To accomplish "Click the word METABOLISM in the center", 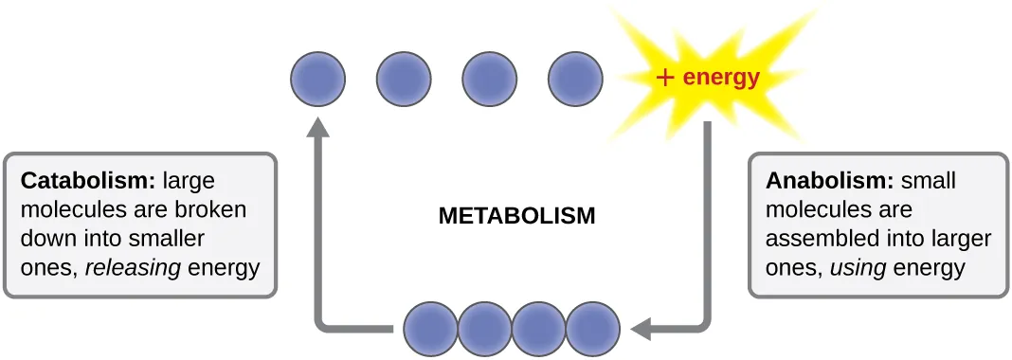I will [x=516, y=215].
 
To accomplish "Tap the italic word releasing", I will [x=133, y=267].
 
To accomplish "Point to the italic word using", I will [x=858, y=267].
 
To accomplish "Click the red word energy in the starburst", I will [x=721, y=78].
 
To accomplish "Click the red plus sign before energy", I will [x=665, y=78].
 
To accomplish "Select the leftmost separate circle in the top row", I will [x=317, y=78].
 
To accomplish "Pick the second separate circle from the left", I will [x=405, y=78].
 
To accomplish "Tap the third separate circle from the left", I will [x=490, y=78].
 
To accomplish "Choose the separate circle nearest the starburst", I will [x=575, y=78].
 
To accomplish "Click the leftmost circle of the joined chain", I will [x=432, y=329].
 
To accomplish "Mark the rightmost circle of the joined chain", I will [x=593, y=329].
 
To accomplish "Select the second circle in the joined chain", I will [x=485, y=329].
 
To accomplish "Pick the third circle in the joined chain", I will [x=539, y=329].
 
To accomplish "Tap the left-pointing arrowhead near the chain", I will [x=642, y=329].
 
